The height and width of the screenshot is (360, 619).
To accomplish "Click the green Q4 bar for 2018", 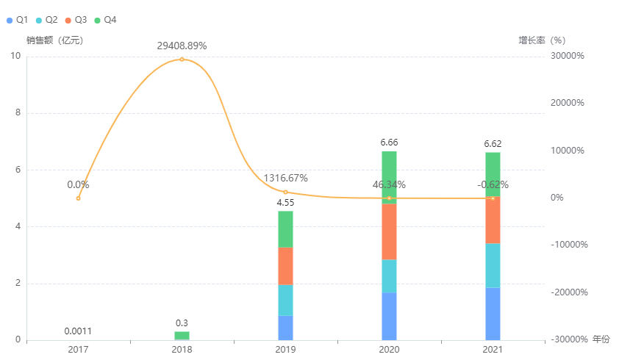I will [x=182, y=336].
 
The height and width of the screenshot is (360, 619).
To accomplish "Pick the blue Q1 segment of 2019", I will [x=285, y=328].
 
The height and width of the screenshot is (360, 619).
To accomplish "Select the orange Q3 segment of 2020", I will [x=389, y=231].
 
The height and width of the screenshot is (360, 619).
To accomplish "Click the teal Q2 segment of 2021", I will [x=493, y=265].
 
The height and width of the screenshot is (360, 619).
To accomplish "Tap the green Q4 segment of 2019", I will [x=285, y=229].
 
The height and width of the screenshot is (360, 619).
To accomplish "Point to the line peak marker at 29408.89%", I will [x=182, y=59].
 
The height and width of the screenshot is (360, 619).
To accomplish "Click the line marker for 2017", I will [x=78, y=198].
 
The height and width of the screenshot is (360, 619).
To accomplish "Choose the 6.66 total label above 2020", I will [x=389, y=142].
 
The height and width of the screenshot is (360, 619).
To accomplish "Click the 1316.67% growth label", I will [x=285, y=179].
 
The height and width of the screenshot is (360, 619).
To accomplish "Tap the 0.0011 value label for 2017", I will [x=78, y=331].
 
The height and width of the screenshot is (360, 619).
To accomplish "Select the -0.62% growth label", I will [x=493, y=185].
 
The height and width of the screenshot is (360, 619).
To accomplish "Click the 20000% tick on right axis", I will [x=568, y=104].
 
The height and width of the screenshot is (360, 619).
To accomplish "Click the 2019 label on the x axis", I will [x=285, y=350].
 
